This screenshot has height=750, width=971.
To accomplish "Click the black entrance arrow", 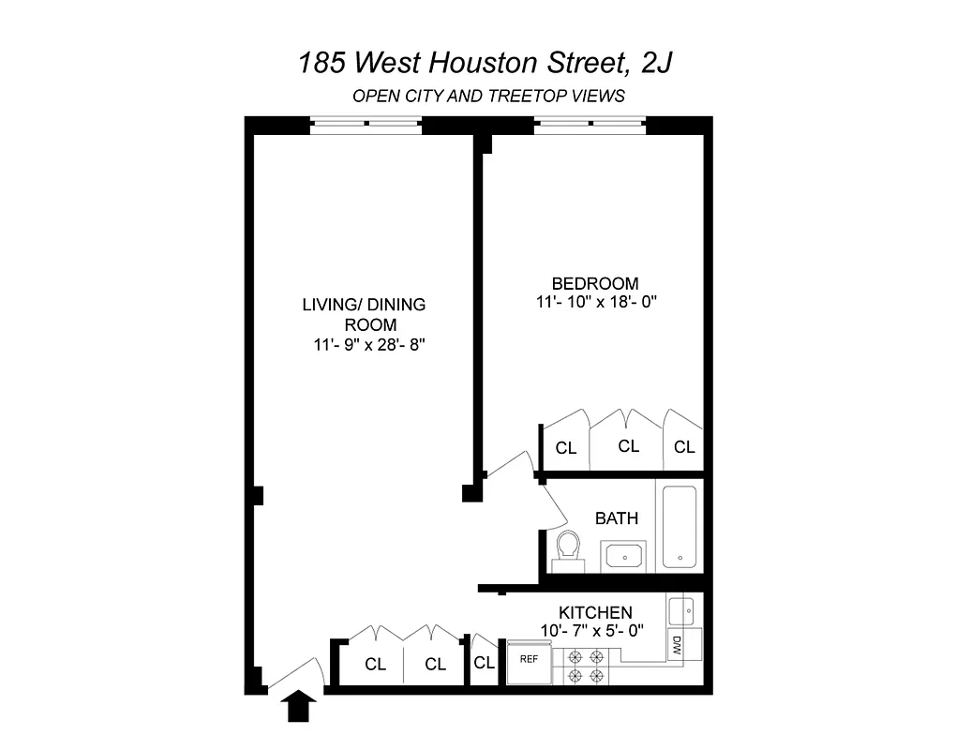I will click(x=300, y=706).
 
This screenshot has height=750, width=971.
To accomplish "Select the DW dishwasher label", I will click(x=677, y=645).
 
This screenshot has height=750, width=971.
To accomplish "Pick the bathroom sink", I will click(x=620, y=556).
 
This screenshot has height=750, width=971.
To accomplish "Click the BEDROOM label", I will click(x=595, y=283).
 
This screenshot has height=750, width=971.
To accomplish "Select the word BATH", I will click(x=617, y=518).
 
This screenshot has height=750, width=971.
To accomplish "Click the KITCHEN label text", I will click(x=595, y=613).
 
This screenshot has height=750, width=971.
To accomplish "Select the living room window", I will click(x=366, y=124).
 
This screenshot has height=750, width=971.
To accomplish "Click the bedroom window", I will click(x=590, y=124).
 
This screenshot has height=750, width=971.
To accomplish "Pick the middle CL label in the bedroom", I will click(x=628, y=446).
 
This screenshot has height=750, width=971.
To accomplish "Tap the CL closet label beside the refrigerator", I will click(x=484, y=663).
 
